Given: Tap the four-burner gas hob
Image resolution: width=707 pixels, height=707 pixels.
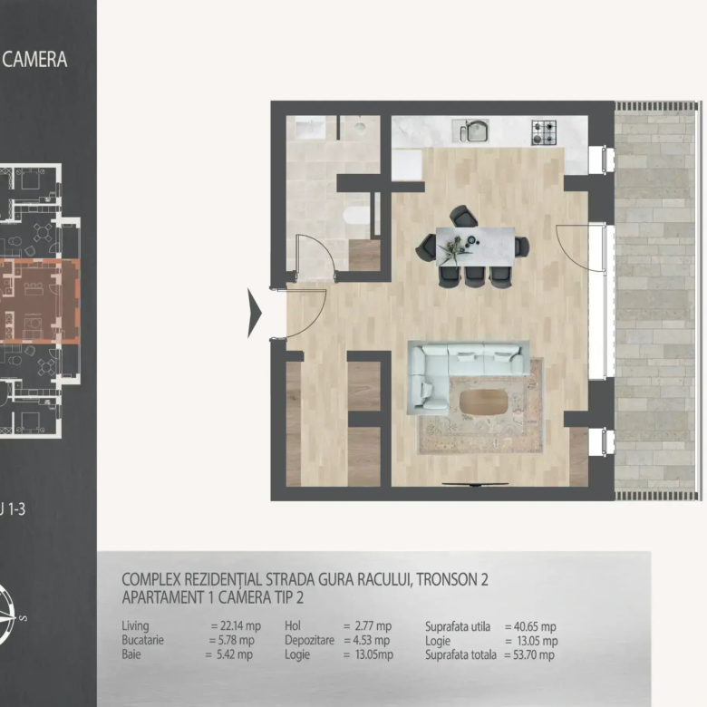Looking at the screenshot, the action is (x=544, y=132).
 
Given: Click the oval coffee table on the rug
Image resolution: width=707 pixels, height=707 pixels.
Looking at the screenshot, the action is (x=483, y=402).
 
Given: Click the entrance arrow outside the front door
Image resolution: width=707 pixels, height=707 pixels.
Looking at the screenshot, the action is (x=255, y=313).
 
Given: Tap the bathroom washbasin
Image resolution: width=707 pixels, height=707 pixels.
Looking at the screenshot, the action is (x=311, y=128).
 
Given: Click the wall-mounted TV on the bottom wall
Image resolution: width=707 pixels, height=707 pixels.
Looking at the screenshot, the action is (x=475, y=484).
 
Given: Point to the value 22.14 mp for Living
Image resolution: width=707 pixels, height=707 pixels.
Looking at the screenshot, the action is (x=241, y=625).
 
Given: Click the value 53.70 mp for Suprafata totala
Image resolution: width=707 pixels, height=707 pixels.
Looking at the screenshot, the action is (x=534, y=654).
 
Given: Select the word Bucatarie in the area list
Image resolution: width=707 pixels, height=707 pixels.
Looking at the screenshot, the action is (x=143, y=640).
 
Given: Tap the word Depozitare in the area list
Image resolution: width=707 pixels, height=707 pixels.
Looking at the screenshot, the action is (x=310, y=640).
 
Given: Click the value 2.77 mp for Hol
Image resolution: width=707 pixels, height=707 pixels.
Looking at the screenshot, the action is (x=373, y=625).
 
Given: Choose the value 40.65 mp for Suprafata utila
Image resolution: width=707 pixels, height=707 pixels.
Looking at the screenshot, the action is (x=535, y=626).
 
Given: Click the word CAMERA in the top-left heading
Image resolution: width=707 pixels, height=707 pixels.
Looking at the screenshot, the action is (x=34, y=60).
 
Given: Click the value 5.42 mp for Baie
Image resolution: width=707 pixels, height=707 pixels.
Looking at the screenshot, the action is (x=235, y=654).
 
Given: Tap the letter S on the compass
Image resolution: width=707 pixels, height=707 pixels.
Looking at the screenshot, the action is (x=24, y=618).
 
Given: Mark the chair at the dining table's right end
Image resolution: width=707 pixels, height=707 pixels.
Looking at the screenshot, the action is (x=522, y=247).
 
